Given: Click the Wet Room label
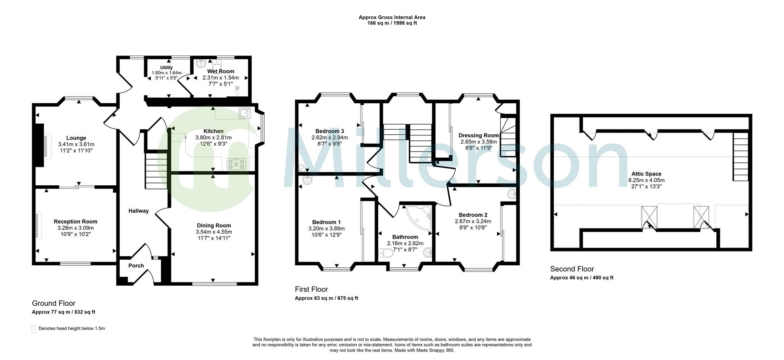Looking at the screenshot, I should (x=220, y=71).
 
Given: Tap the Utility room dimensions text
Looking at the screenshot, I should (x=167, y=75).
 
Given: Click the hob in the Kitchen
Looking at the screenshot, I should (x=236, y=164).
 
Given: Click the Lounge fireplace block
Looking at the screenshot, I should (x=40, y=145).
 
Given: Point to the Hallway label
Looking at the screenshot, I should (x=138, y=211).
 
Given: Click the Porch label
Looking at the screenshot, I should (x=136, y=266).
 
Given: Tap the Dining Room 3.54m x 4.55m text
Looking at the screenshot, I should (x=214, y=232).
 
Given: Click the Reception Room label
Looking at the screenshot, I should (x=76, y=222).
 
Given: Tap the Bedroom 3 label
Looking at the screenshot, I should (x=330, y=131).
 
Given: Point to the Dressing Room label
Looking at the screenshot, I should (x=479, y=136).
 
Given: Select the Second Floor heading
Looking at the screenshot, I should (x=572, y=269).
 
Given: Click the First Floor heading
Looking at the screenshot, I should (x=311, y=289).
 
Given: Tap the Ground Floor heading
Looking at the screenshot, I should (x=53, y=303).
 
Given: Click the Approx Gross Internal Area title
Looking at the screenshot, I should (x=392, y=17).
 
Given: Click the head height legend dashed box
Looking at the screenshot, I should (x=33, y=329).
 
